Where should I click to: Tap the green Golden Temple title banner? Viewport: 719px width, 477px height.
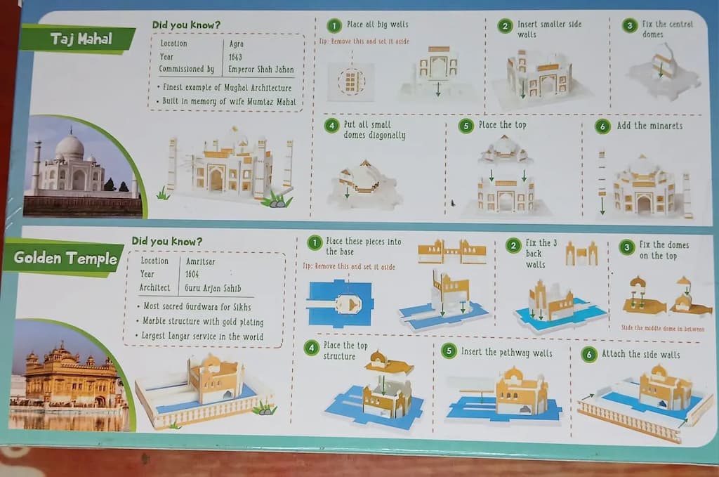click(64, 259)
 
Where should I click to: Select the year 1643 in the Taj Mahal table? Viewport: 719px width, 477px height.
click(235, 57)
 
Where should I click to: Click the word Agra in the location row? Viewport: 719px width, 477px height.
click(236, 44)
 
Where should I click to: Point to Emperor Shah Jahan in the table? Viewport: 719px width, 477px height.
click(261, 70)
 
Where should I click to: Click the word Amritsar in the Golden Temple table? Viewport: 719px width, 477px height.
click(200, 261)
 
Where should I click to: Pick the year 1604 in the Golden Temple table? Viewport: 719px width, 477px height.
click(192, 274)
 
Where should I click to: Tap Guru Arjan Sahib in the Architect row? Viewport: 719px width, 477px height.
click(213, 288)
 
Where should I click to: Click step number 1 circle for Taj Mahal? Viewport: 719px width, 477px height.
click(334, 26)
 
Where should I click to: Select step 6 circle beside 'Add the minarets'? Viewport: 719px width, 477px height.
click(602, 126)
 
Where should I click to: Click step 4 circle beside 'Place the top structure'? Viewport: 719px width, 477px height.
click(311, 348)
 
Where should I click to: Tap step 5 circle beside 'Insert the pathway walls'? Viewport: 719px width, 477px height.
click(449, 351)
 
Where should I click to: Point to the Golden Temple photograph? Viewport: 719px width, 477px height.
click(69, 376)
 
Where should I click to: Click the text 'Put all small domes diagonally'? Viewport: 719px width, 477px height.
click(374, 130)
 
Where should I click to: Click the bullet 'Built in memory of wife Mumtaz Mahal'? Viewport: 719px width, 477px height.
click(226, 101)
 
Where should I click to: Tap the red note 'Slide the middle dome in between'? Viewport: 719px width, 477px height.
click(663, 328)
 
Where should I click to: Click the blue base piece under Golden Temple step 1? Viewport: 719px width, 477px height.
click(341, 303)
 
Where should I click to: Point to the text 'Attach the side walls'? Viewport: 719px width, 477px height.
click(640, 354)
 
